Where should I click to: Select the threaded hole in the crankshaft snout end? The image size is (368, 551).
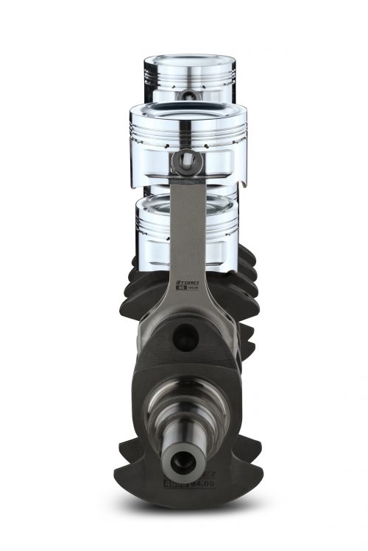click(x=181, y=461)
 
